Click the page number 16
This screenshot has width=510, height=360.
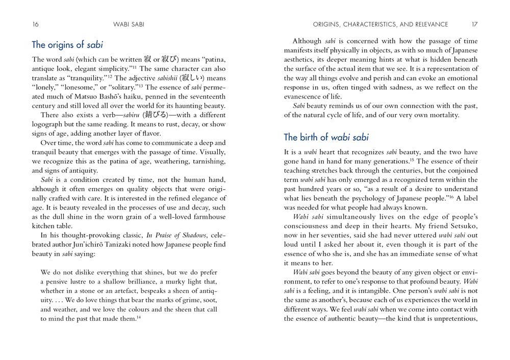[x=35, y=24]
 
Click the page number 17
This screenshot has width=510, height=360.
[x=474, y=24]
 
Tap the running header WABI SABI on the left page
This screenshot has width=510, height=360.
[x=129, y=24]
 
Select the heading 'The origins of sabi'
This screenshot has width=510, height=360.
[x=67, y=44]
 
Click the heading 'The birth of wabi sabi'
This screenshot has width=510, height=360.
[x=326, y=137]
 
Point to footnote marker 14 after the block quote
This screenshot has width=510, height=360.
[x=139, y=317]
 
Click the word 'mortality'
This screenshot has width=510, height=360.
[x=442, y=115]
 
